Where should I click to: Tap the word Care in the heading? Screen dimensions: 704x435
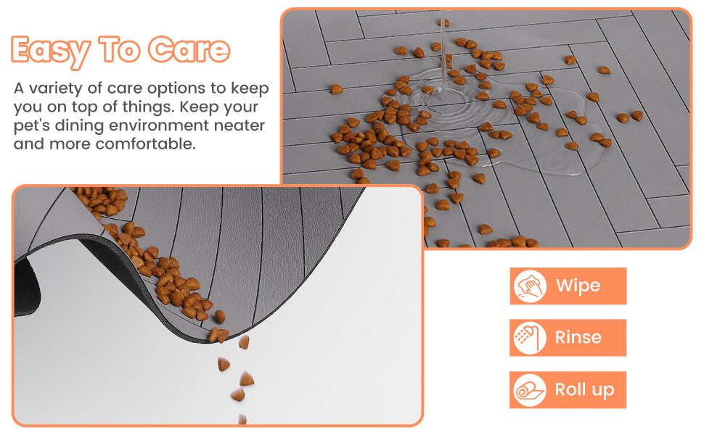[189, 49]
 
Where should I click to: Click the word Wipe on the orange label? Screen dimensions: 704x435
[578, 286]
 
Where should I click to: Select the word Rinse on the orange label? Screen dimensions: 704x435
[578, 337]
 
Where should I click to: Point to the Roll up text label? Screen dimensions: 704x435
[584, 390]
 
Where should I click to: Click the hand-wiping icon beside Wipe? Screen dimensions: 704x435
[530, 286]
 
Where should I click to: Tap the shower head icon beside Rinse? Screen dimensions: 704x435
[530, 338]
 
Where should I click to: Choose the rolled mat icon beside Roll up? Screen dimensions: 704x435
[530, 390]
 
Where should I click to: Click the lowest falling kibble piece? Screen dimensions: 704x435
[242, 419]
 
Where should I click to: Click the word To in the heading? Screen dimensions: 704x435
[119, 49]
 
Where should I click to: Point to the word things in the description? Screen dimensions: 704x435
[148, 107]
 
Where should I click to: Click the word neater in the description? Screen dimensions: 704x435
[240, 125]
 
